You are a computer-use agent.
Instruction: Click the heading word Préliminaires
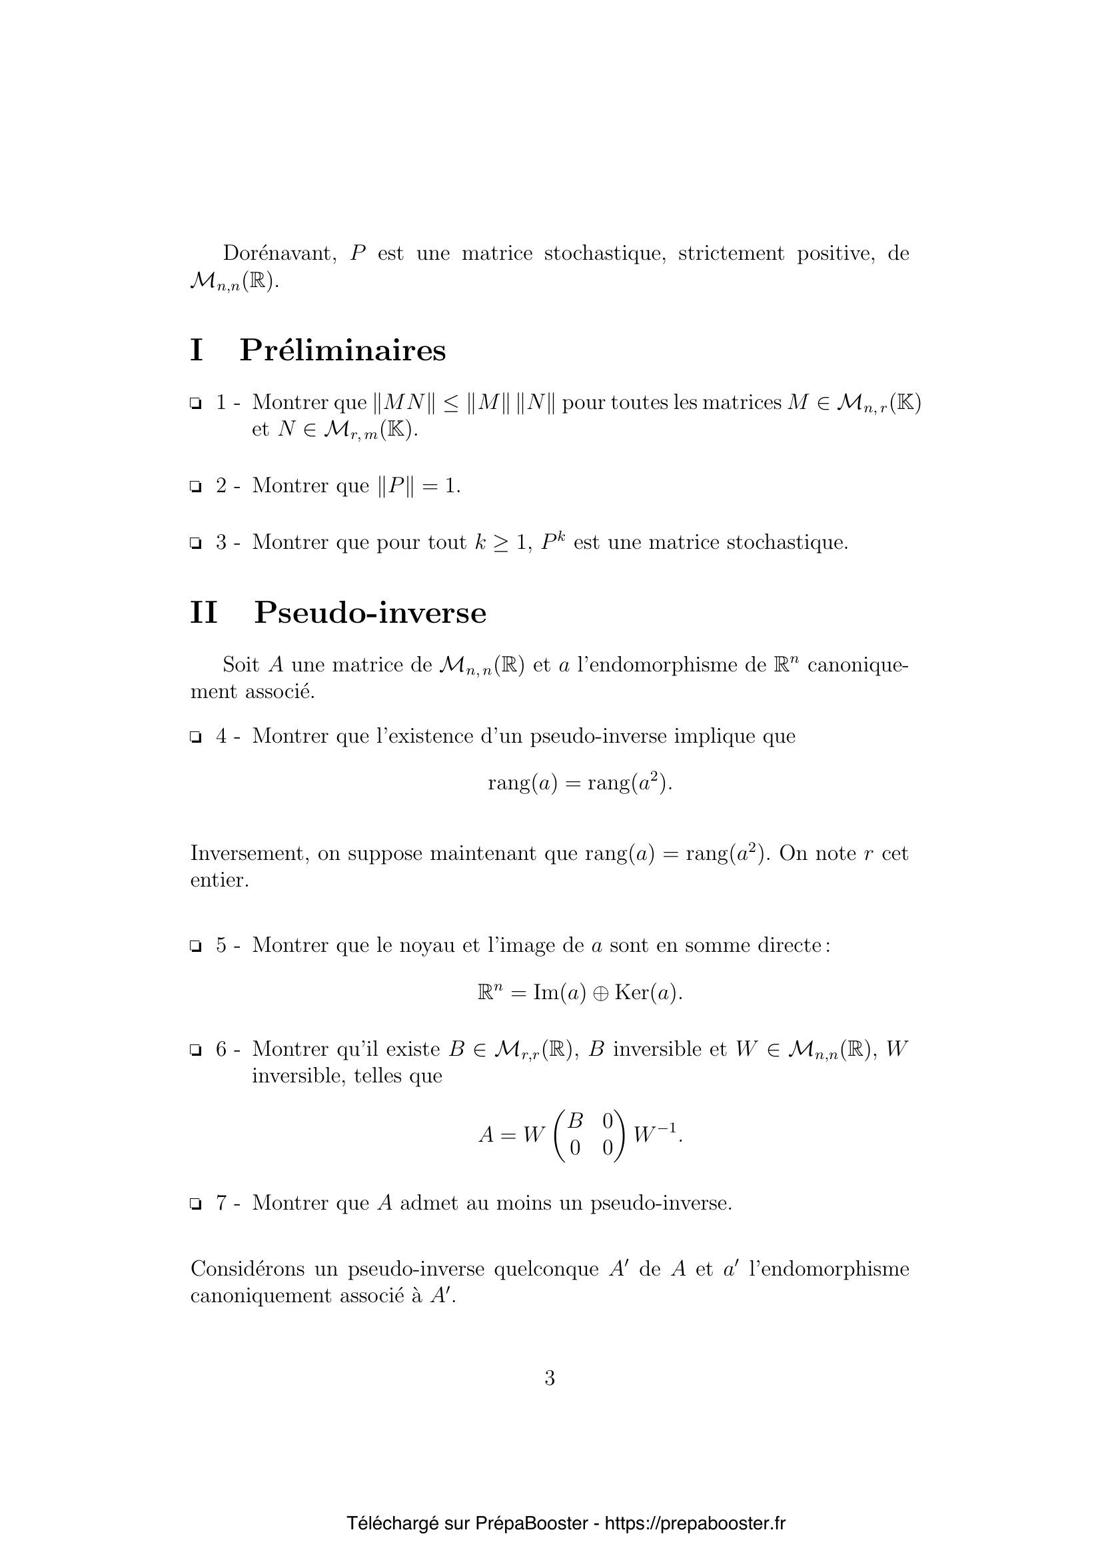pyautogui.click(x=342, y=351)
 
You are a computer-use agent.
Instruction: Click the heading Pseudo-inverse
pyautogui.click(x=370, y=613)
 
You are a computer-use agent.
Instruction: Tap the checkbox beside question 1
pyautogui.click(x=195, y=404)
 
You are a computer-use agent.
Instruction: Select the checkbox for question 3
pyautogui.click(x=195, y=544)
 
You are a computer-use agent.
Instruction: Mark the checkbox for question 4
pyautogui.click(x=195, y=737)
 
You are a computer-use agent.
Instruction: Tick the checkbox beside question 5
pyautogui.click(x=195, y=946)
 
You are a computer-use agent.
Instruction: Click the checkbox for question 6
pyautogui.click(x=195, y=1050)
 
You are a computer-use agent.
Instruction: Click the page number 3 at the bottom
pyautogui.click(x=550, y=1378)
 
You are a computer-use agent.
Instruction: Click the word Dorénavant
pyautogui.click(x=280, y=254)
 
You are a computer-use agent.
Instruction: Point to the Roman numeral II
pyautogui.click(x=204, y=613)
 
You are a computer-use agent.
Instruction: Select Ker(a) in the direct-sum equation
pyautogui.click(x=646, y=993)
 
